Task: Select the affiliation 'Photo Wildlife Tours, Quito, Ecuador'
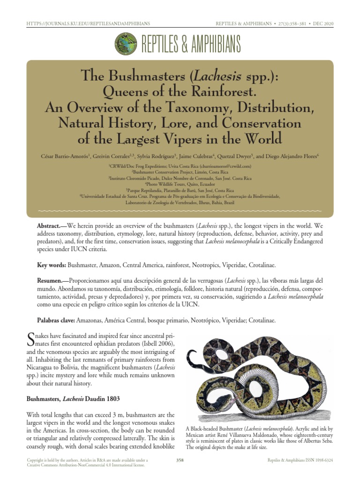(180, 184)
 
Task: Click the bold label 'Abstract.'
(52, 226)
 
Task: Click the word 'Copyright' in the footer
(37, 460)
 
